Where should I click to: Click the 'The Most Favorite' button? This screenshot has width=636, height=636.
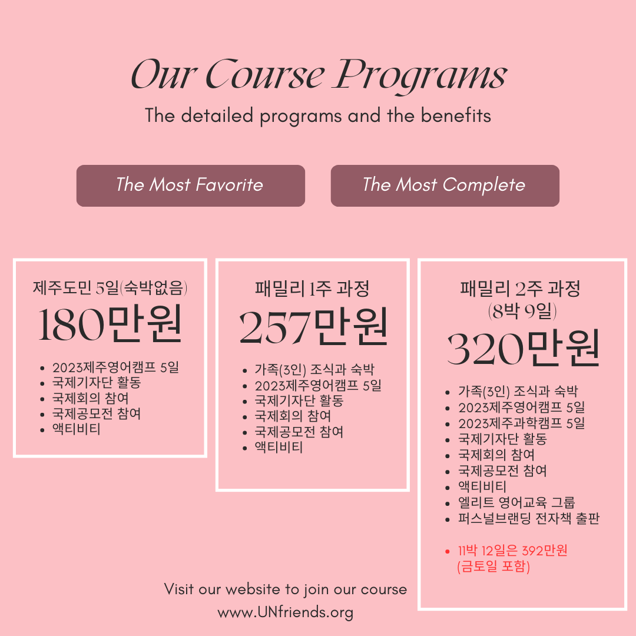(191, 185)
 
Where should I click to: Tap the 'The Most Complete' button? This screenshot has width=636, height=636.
(445, 185)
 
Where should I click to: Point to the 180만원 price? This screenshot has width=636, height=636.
(110, 324)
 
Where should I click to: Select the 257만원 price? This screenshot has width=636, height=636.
(313, 326)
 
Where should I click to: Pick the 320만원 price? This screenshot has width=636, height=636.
(524, 348)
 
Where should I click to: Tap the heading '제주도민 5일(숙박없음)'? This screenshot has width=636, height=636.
(110, 287)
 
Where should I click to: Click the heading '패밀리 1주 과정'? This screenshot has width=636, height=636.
(312, 289)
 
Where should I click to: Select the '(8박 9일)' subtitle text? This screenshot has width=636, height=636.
(522, 311)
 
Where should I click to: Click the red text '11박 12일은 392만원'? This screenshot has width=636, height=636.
(513, 551)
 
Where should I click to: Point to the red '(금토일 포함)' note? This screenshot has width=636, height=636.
(493, 567)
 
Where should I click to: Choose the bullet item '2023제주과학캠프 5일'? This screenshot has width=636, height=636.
(522, 423)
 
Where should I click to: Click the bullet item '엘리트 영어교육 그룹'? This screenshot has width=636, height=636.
(517, 502)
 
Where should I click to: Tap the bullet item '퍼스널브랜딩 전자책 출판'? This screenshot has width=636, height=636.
(529, 518)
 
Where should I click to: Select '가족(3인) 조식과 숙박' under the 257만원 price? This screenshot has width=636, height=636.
(314, 369)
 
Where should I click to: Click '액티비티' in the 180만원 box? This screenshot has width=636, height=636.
(76, 429)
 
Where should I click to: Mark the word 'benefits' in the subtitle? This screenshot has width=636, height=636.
(456, 115)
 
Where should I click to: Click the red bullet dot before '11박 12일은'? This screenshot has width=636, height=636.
(448, 551)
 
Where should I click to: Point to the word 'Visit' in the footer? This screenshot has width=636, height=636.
(178, 589)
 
